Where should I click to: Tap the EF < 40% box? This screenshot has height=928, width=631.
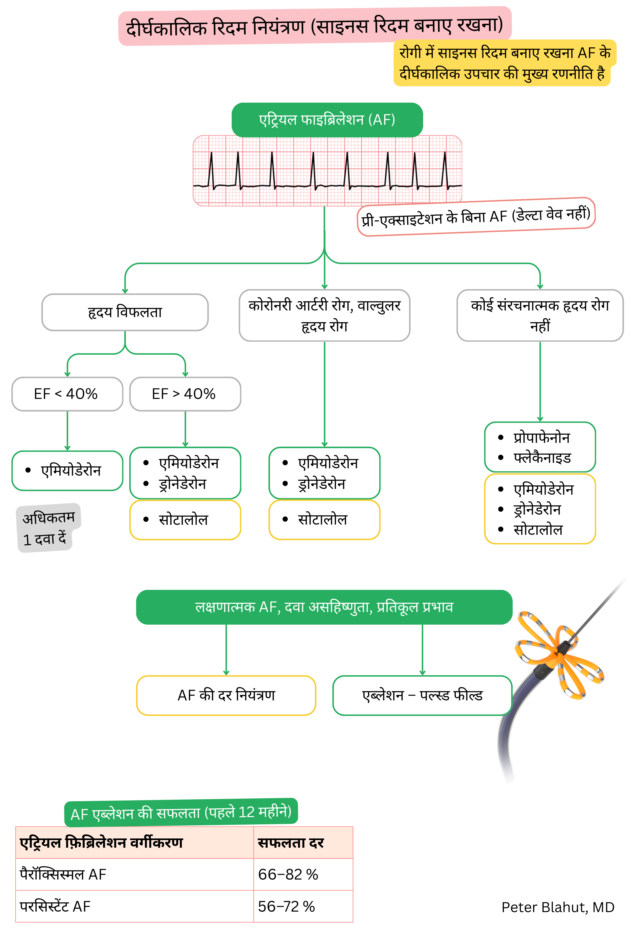pos(67,394)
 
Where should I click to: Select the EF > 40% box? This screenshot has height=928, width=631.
pos(185,394)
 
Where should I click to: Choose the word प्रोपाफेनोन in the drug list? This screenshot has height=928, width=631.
pos(541,438)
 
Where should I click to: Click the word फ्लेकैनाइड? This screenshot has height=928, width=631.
pos(542,458)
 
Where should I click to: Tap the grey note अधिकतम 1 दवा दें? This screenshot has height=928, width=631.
pos(48,528)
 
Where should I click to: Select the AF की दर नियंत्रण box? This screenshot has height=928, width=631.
pos(226,695)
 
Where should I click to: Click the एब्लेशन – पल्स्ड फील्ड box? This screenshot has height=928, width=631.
pos(422,695)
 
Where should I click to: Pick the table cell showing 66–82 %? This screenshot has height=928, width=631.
pos(288,874)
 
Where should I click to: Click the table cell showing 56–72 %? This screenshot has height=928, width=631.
pos(286,906)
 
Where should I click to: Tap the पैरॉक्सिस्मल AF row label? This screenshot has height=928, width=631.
pos(63,874)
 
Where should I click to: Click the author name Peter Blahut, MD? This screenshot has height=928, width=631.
pos(558,907)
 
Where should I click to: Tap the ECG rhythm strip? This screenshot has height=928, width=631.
pos(327,171)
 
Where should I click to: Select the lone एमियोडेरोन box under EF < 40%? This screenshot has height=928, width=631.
pos(67,470)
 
